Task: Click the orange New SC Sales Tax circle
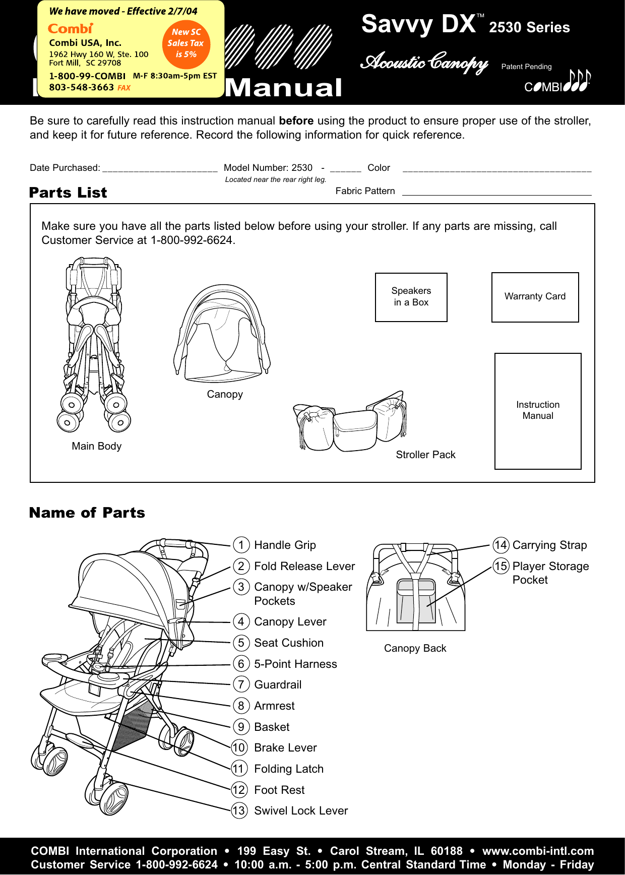186,43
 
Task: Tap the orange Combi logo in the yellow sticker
71,29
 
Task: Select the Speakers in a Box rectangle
411,297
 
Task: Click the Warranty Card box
535,297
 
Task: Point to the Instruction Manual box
538,410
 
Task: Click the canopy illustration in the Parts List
222,333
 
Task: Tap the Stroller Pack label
425,455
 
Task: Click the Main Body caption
96,446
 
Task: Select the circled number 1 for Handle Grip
241,545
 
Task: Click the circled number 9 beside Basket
241,727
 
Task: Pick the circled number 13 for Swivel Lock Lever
239,810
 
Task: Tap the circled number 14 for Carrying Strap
501,545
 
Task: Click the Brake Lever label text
285,747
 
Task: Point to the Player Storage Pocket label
550,573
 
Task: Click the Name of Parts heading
87,513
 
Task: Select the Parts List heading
68,193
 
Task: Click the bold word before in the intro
296,121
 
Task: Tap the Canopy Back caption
415,648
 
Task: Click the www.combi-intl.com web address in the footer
538,851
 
